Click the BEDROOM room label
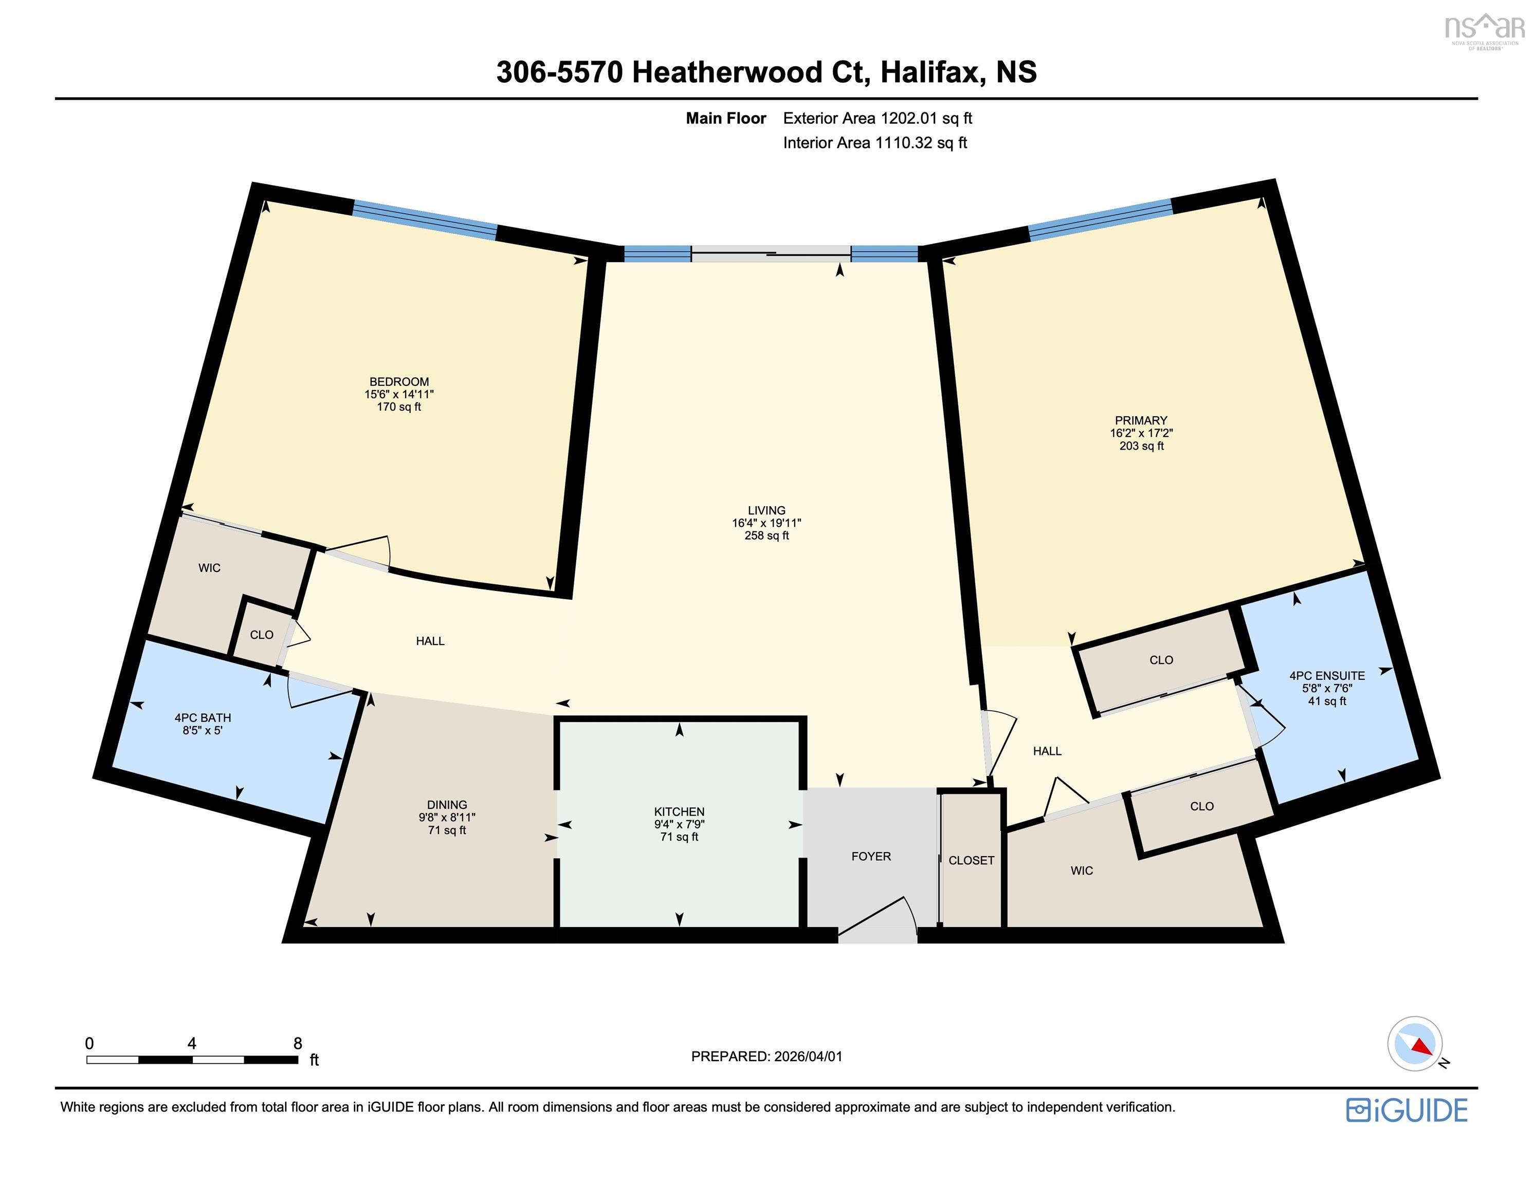[399, 382]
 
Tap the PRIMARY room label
[1141, 420]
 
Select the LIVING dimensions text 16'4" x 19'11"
[766, 523]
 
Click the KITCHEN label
[679, 811]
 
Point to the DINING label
[446, 805]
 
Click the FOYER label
[870, 856]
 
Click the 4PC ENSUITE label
[1327, 676]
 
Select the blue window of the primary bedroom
[1100, 219]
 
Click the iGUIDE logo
[1406, 1111]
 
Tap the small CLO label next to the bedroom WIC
[261, 635]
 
